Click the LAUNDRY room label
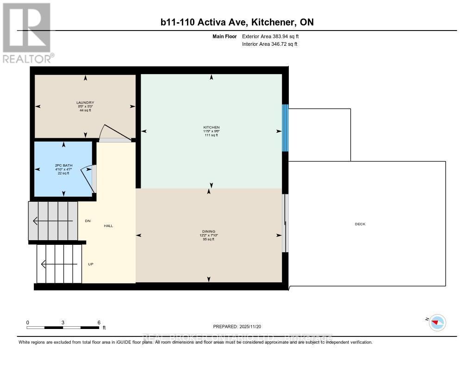pos(85,103)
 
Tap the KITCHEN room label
pos(211,127)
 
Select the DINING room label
pos(208,231)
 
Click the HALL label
pos(108,226)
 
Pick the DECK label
pos(360,224)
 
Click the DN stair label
pos(87,221)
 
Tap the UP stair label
pos(91,264)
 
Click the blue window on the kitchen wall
pos(285,128)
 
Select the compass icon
pos(437,322)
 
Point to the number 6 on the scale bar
pos(99,323)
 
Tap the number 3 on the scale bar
pos(63,323)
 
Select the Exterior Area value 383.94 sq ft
pos(274,36)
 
